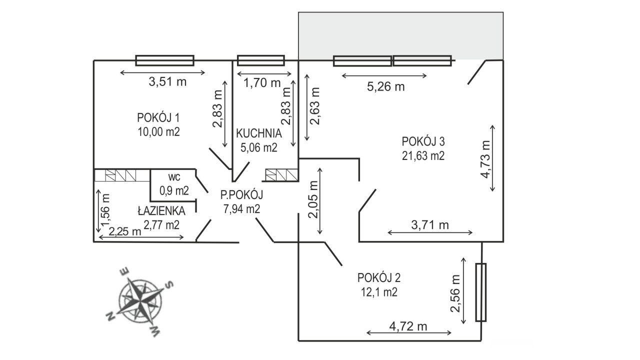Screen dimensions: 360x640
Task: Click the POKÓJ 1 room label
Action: pos(158,118)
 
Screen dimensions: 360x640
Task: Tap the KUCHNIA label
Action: pos(259,134)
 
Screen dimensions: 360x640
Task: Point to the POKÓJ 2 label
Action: pos(379,277)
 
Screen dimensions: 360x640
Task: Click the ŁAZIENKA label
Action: pos(161,211)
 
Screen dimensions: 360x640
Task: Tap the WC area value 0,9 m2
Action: pos(173,190)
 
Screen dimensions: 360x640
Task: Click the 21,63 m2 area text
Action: pos(423,155)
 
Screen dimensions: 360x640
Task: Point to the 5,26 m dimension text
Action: pos(385,87)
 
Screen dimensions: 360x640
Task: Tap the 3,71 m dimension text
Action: pos(430,225)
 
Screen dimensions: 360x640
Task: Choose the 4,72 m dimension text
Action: pos(408,327)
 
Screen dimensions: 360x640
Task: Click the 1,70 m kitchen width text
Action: pos(261,83)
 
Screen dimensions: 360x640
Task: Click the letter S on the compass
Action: pos(169,285)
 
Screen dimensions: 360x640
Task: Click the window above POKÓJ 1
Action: pos(164,60)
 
